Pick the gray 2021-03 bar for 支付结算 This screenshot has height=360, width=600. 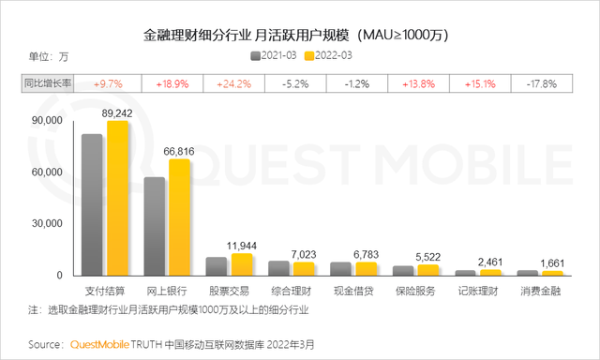[x=92, y=204]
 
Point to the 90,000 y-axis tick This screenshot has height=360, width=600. [x=46, y=122]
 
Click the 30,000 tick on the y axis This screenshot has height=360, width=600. [x=46, y=224]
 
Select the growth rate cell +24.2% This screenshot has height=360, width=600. [x=234, y=83]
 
